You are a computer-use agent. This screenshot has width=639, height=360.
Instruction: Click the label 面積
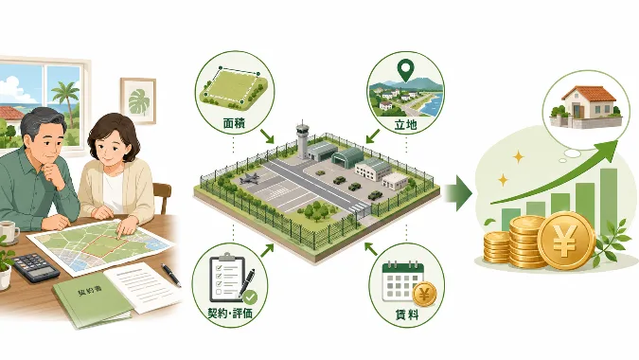(x=235, y=123)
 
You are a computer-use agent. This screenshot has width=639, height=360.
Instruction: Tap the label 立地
(x=405, y=124)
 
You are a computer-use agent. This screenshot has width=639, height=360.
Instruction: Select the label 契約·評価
(x=230, y=313)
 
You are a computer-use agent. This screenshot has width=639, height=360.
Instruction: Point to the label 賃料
(x=407, y=315)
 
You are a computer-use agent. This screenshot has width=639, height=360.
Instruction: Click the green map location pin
(x=404, y=70)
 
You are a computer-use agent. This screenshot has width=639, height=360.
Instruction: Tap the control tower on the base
(x=302, y=139)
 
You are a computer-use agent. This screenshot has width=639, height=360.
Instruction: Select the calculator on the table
(x=35, y=266)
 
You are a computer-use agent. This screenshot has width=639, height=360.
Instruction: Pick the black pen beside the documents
(x=170, y=275)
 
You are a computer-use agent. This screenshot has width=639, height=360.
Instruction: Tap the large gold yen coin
(x=566, y=240)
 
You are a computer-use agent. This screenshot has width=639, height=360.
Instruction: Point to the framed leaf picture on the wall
(x=138, y=100)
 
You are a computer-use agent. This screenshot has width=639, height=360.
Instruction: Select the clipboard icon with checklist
(x=228, y=278)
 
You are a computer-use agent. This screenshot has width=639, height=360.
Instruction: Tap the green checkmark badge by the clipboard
(x=250, y=297)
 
